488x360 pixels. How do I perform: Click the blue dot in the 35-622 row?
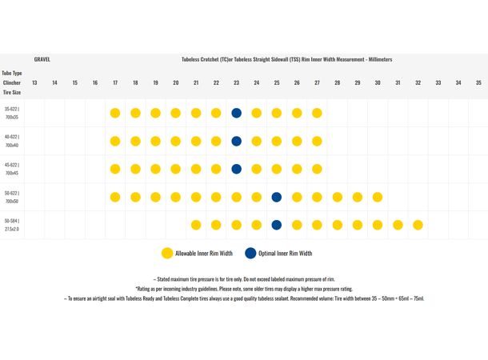coord(236,113)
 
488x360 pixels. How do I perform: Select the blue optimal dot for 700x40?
coord(236,141)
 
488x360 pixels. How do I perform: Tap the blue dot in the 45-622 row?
coord(236,169)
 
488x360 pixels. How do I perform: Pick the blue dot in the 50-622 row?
coord(277,197)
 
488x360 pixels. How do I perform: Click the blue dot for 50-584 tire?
coord(277,225)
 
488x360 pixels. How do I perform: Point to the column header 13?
coord(34,82)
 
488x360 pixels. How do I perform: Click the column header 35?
coord(478,82)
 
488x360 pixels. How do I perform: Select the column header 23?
coord(236,82)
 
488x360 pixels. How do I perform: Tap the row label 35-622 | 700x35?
coord(12,113)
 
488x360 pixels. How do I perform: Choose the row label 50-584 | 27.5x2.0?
coord(12,225)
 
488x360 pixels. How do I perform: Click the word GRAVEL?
coord(42,59)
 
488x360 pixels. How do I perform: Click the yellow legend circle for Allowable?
coord(166,253)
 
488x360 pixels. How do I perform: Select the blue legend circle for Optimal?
coord(250,253)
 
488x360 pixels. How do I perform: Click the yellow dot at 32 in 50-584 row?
coord(418,225)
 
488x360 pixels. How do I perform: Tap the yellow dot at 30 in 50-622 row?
coord(378,197)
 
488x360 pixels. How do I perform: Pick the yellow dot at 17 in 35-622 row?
coord(115,113)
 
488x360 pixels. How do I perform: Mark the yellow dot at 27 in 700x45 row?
coord(317,169)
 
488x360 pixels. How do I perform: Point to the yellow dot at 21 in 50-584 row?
coord(196,225)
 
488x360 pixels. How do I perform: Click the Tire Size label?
coord(11,93)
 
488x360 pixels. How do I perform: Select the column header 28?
coord(338,82)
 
